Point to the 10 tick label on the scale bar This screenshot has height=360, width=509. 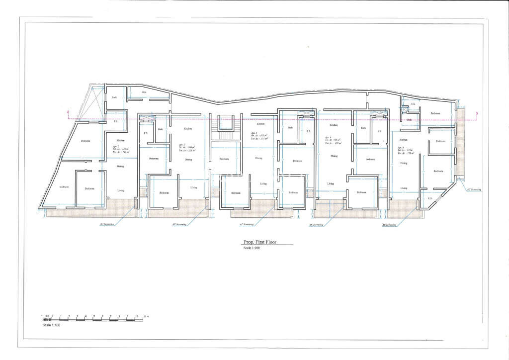137,316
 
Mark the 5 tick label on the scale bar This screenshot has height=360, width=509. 94,316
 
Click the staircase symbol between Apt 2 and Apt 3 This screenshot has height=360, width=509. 226,128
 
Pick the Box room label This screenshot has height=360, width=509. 144,92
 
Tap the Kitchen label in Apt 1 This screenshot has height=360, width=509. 120,141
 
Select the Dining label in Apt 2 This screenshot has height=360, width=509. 188,160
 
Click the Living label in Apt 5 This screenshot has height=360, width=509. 404,188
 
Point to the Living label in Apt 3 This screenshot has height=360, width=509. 263,183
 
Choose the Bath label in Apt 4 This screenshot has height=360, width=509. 363,128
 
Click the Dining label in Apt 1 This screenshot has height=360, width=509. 120,166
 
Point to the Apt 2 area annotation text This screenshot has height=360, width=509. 186,148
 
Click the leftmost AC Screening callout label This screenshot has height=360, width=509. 106,224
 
